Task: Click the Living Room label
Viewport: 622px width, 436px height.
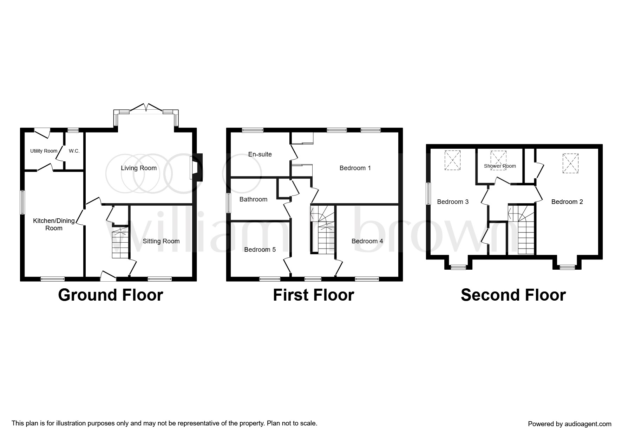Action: (139, 168)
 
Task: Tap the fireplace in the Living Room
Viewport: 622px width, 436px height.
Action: (196, 167)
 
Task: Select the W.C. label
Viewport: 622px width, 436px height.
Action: (74, 151)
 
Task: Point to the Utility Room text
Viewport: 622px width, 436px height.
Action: (44, 151)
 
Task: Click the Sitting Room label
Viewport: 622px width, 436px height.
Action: (161, 241)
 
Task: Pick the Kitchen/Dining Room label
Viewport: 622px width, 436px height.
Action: (54, 224)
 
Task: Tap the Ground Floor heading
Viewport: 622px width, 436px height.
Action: (111, 295)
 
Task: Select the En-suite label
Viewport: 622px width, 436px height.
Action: (260, 154)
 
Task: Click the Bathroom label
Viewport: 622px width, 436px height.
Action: (253, 199)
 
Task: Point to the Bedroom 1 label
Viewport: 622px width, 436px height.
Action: (355, 168)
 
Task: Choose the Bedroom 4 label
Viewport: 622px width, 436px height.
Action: (367, 241)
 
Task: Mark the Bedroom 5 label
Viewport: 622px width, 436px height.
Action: (260, 250)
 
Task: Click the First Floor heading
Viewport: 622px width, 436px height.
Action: (314, 295)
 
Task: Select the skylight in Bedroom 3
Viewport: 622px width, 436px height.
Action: (452, 160)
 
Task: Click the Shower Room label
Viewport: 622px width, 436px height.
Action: (500, 166)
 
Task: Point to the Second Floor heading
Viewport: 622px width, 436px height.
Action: (513, 295)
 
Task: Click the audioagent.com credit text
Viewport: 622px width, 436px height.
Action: (570, 424)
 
